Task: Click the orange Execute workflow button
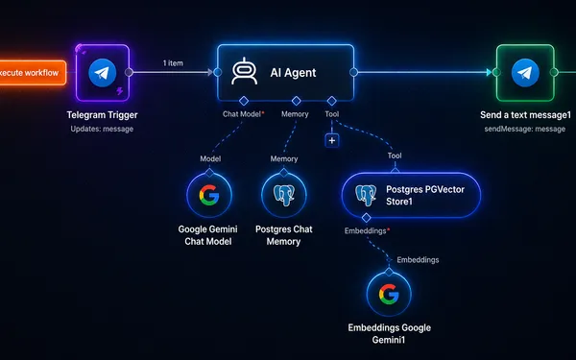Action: coord(33,73)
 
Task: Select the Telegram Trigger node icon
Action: coord(103,73)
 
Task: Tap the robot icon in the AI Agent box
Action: coord(244,72)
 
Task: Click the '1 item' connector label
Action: coord(173,63)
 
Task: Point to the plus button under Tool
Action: coord(332,140)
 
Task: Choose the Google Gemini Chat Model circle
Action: coord(209,195)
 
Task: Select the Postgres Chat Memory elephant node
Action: coord(284,195)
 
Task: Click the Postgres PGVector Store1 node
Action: coord(411,195)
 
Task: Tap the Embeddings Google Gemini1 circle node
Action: coord(389,294)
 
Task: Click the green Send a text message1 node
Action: coord(525,73)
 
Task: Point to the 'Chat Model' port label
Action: coord(242,114)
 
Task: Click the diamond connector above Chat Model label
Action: coord(244,101)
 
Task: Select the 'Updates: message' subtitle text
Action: coord(102,129)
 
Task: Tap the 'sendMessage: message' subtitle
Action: coord(525,129)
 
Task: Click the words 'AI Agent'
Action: coord(293,73)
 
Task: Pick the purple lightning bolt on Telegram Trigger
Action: coord(120,91)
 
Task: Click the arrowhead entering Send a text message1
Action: coord(490,72)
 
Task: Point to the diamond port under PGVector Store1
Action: coord(367,218)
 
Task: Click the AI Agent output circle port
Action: coord(353,72)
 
